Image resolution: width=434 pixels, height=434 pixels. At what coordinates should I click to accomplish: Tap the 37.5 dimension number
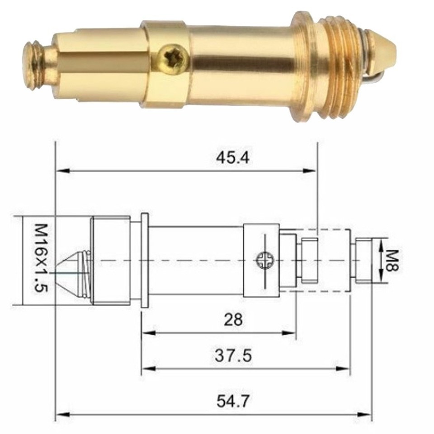233,356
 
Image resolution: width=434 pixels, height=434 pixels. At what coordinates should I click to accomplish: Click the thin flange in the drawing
144,261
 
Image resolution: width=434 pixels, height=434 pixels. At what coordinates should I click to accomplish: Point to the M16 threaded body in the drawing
110,261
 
